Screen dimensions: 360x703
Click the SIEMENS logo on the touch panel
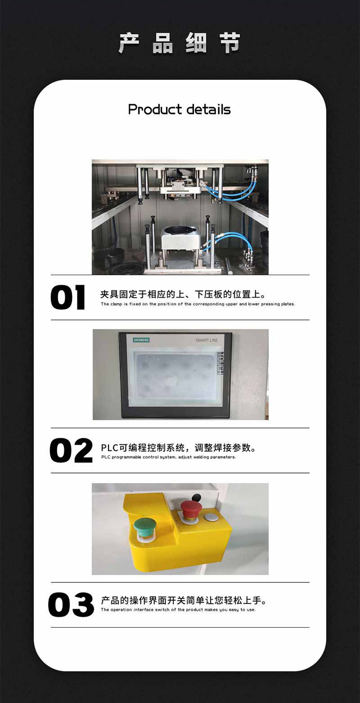pos(141,340)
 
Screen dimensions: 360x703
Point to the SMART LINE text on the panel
pos(207,340)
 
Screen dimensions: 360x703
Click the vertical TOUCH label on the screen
pos(221,364)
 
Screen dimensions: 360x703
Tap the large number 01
pos(67,297)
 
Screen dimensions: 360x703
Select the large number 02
pos(71,450)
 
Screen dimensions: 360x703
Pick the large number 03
pos(71,605)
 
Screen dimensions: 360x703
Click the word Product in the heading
pos(155,109)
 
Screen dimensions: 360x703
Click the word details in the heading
pos(208,109)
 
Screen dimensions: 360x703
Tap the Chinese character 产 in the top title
pos(129,43)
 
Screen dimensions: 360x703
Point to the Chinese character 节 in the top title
pos(230,43)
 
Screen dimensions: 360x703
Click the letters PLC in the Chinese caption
pos(110,448)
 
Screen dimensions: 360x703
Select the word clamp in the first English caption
pos(116,304)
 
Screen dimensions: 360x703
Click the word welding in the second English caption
pos(201,457)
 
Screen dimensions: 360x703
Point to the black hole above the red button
pos(196,497)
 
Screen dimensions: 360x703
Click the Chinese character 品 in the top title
pos(163,43)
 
